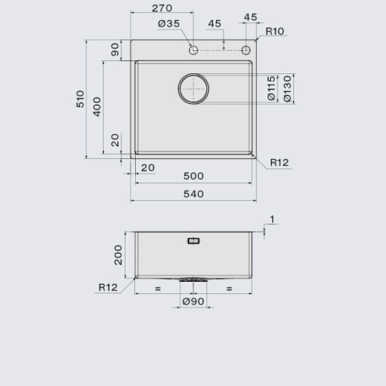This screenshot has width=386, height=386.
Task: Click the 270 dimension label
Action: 162,8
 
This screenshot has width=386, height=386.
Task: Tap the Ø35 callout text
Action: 169,24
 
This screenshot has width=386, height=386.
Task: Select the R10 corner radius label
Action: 275,31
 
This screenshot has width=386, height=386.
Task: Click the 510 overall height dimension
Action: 80,99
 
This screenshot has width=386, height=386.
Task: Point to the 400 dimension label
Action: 97,107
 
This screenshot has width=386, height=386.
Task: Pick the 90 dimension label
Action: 115,50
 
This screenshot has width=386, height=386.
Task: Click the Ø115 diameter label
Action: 271,88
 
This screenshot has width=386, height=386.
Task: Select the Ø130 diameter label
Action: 287,89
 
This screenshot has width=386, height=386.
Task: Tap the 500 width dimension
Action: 193,176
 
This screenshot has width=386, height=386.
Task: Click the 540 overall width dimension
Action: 193,194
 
